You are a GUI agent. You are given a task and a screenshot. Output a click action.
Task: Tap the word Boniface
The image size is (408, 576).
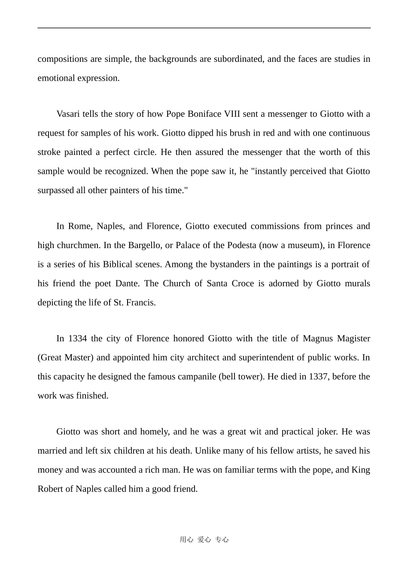(x=204, y=114)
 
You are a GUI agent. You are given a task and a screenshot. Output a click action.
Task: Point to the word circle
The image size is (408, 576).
(x=145, y=152)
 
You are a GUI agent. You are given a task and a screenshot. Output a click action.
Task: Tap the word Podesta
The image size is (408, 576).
(x=242, y=246)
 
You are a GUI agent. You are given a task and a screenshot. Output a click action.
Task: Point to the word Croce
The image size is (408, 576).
(x=243, y=284)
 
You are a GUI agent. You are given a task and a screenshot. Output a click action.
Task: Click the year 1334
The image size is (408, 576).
(x=78, y=339)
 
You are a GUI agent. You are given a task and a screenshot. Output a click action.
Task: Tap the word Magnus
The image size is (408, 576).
(x=317, y=339)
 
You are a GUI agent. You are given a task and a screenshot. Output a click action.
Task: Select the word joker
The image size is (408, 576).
(x=327, y=432)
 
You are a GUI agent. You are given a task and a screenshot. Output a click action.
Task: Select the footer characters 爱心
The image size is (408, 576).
(x=204, y=540)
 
